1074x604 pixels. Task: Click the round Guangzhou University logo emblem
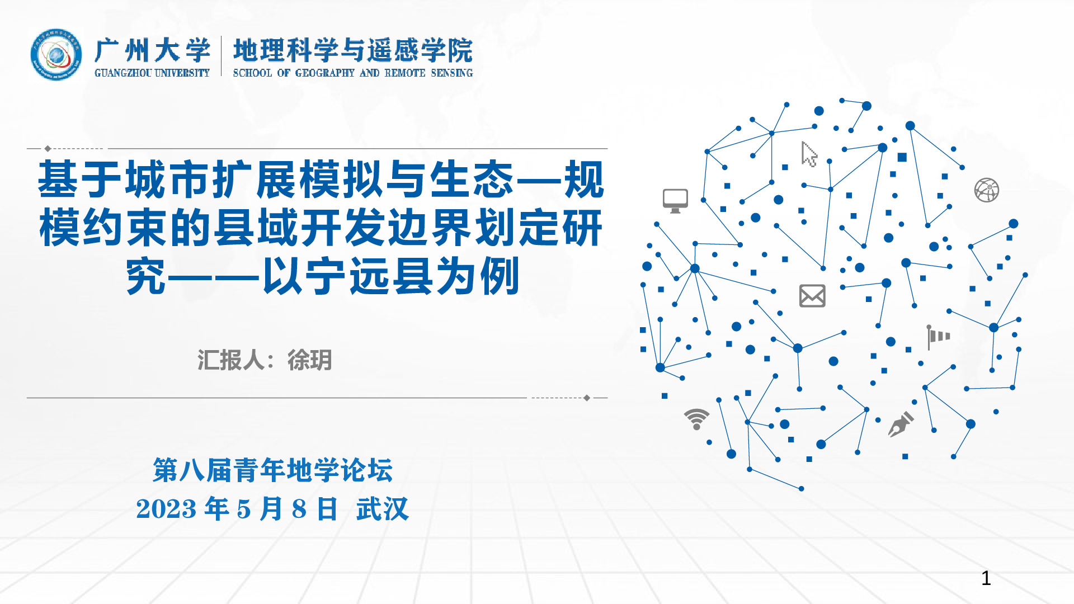tap(56, 55)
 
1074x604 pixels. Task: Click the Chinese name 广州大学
tap(153, 51)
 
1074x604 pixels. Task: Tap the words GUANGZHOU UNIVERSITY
tap(152, 73)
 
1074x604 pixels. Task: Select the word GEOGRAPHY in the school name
tap(325, 73)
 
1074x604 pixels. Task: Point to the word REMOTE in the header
tap(405, 73)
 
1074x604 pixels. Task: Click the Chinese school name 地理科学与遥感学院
tap(353, 50)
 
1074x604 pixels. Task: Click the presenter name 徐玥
tap(310, 360)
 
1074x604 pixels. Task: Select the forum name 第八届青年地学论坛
tap(273, 470)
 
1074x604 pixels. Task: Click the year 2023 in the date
tap(166, 509)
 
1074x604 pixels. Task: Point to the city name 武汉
tap(383, 509)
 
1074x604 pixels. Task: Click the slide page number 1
tap(986, 578)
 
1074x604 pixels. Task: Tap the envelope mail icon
tap(812, 296)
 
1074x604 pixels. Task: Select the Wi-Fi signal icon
tap(696, 419)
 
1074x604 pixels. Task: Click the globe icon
tap(987, 190)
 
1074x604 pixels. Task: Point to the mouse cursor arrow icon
tap(809, 154)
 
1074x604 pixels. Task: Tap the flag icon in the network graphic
tap(939, 337)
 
